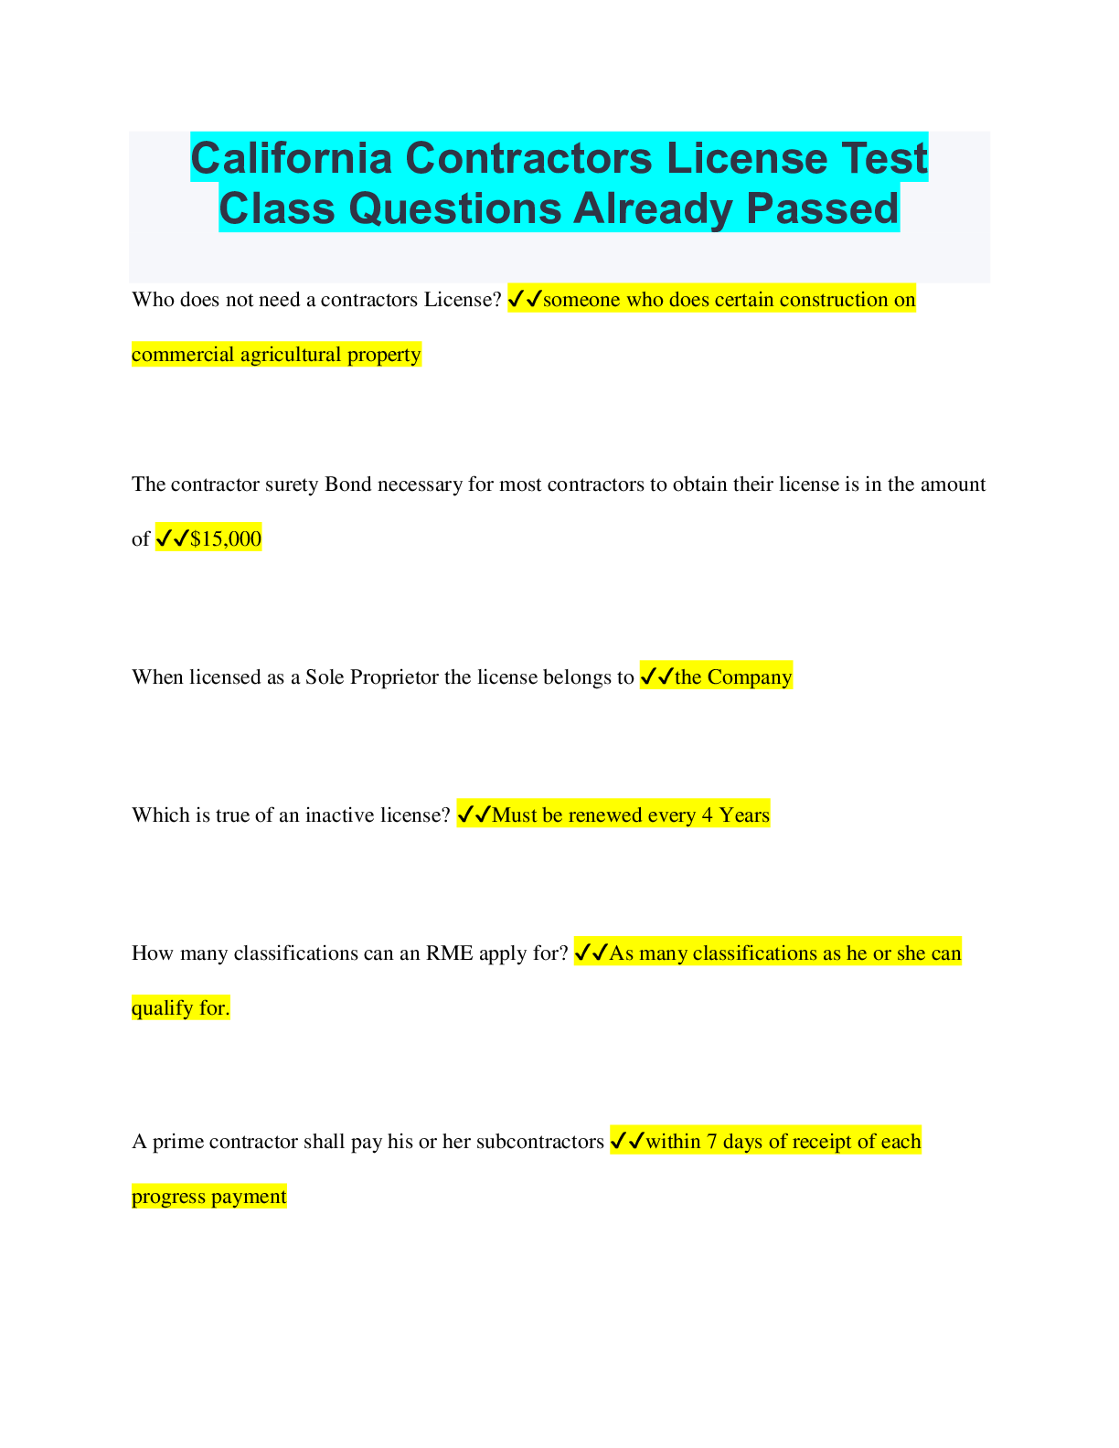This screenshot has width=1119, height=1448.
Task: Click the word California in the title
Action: (292, 158)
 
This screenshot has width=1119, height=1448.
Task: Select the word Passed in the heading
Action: (823, 208)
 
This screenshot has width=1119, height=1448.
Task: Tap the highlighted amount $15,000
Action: (226, 538)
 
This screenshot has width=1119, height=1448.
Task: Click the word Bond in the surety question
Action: (348, 484)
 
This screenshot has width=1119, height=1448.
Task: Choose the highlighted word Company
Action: (750, 677)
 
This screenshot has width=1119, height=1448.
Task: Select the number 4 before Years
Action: (707, 815)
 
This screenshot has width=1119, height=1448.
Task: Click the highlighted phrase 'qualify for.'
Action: (181, 1008)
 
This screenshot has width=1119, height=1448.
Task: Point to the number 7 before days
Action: (712, 1142)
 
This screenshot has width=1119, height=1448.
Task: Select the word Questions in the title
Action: (455, 208)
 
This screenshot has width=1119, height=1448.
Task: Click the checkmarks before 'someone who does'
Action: (525, 299)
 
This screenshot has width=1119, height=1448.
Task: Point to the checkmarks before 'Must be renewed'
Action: (474, 814)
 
